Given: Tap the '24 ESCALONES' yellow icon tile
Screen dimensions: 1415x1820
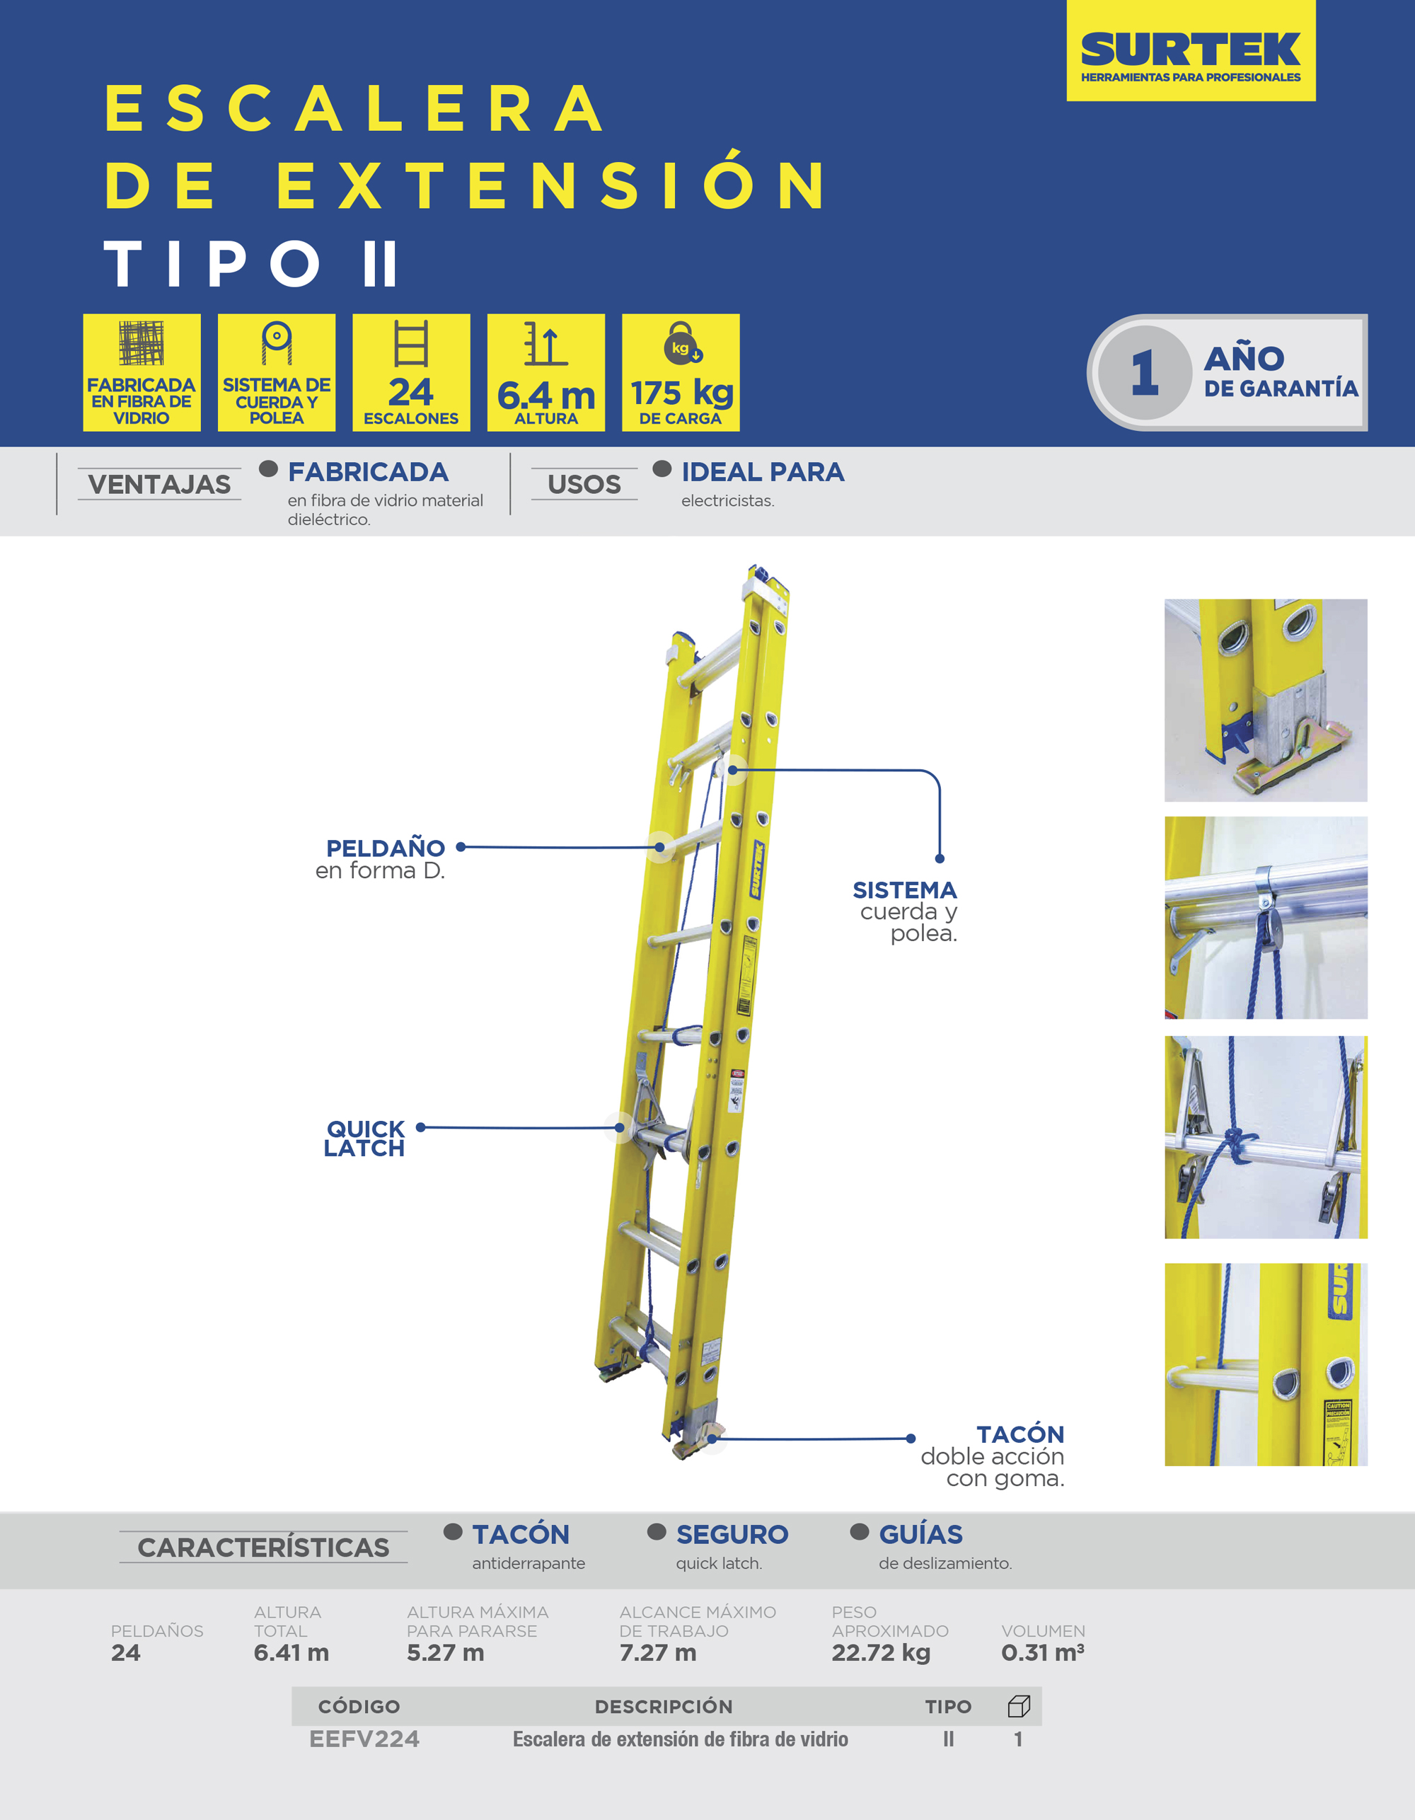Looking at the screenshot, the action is point(411,372).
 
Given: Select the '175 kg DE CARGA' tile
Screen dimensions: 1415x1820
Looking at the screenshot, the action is point(680,372).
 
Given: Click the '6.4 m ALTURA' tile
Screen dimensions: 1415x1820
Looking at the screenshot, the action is point(545,372).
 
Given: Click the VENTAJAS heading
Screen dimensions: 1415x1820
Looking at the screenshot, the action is point(159,484).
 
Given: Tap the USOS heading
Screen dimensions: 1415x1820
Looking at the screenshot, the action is point(584,484).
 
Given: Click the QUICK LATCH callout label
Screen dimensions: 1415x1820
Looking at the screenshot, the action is point(364,1139).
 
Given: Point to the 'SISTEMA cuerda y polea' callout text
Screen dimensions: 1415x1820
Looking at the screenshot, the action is point(905,911).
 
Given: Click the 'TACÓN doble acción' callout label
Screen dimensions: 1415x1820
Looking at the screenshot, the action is point(993,1456).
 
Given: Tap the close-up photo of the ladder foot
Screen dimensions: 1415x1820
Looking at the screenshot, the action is point(1266,700).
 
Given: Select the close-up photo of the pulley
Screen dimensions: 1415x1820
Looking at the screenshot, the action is point(1266,918).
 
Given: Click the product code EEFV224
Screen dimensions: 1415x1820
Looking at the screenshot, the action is point(364,1739).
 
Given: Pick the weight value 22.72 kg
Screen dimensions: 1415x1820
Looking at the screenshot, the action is point(881,1653).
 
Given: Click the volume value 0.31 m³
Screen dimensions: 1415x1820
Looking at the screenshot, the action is point(1042,1652).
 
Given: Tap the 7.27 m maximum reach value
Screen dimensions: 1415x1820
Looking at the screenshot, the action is point(657,1652).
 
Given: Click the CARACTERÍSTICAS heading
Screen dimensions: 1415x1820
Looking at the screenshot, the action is point(263,1548).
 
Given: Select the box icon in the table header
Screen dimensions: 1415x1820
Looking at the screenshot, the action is point(1018,1706).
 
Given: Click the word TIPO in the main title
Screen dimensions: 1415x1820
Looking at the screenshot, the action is point(212,263).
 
